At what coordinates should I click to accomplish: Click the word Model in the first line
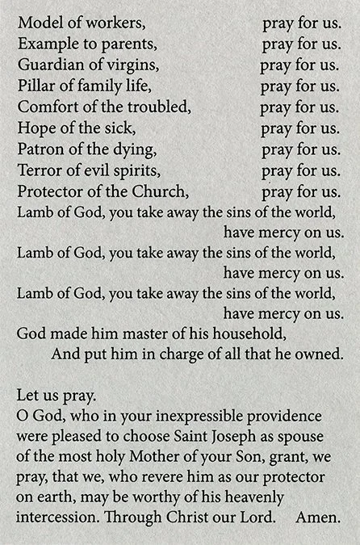click(x=37, y=23)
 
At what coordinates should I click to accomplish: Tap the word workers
click(x=104, y=23)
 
